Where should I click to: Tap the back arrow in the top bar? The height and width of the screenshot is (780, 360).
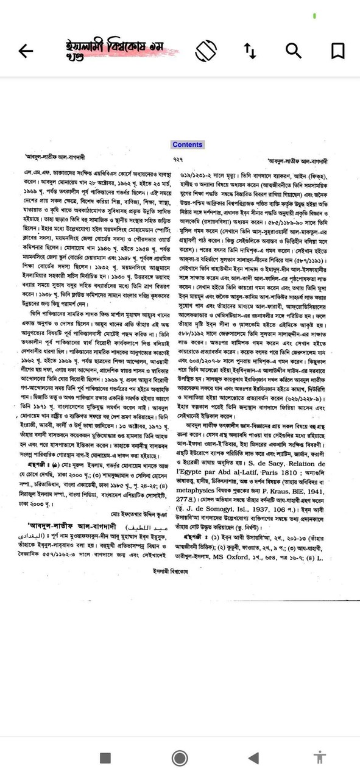[26, 51]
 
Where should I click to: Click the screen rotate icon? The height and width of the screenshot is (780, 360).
[206, 51]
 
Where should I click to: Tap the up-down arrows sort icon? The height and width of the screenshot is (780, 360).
[250, 51]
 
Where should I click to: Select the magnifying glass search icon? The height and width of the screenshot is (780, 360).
[294, 51]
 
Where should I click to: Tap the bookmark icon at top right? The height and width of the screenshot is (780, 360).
[337, 51]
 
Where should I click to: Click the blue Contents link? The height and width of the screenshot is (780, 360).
[187, 144]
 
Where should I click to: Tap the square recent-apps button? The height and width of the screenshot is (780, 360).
[105, 757]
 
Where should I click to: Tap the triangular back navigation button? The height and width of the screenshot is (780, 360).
[253, 757]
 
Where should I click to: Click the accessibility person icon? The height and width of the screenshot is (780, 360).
[319, 757]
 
